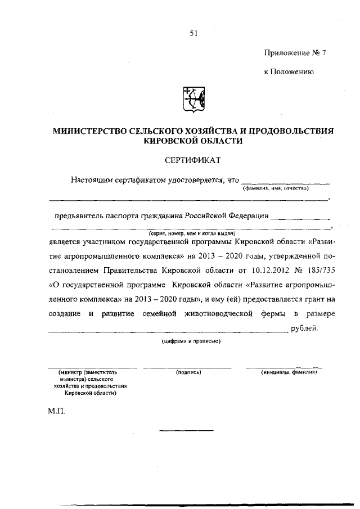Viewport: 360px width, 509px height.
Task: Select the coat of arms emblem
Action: (x=193, y=101)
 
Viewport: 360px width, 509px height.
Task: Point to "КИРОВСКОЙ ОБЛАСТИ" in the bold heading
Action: (x=193, y=141)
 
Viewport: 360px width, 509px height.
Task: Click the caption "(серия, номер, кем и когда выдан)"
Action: (x=192, y=233)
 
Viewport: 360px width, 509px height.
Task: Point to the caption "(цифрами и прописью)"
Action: (x=190, y=341)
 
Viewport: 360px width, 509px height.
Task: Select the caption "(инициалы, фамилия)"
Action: (x=289, y=372)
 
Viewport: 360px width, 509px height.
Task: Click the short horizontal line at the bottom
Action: (x=187, y=431)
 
